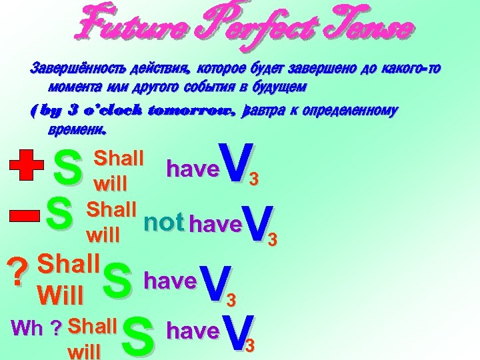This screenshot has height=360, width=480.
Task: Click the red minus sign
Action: [x=24, y=215]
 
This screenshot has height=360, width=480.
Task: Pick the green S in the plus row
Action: [x=67, y=169]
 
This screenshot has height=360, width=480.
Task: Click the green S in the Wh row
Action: [x=138, y=337]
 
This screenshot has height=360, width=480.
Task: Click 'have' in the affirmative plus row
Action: [x=192, y=169]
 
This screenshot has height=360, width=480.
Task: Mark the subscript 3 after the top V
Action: [x=253, y=180]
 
